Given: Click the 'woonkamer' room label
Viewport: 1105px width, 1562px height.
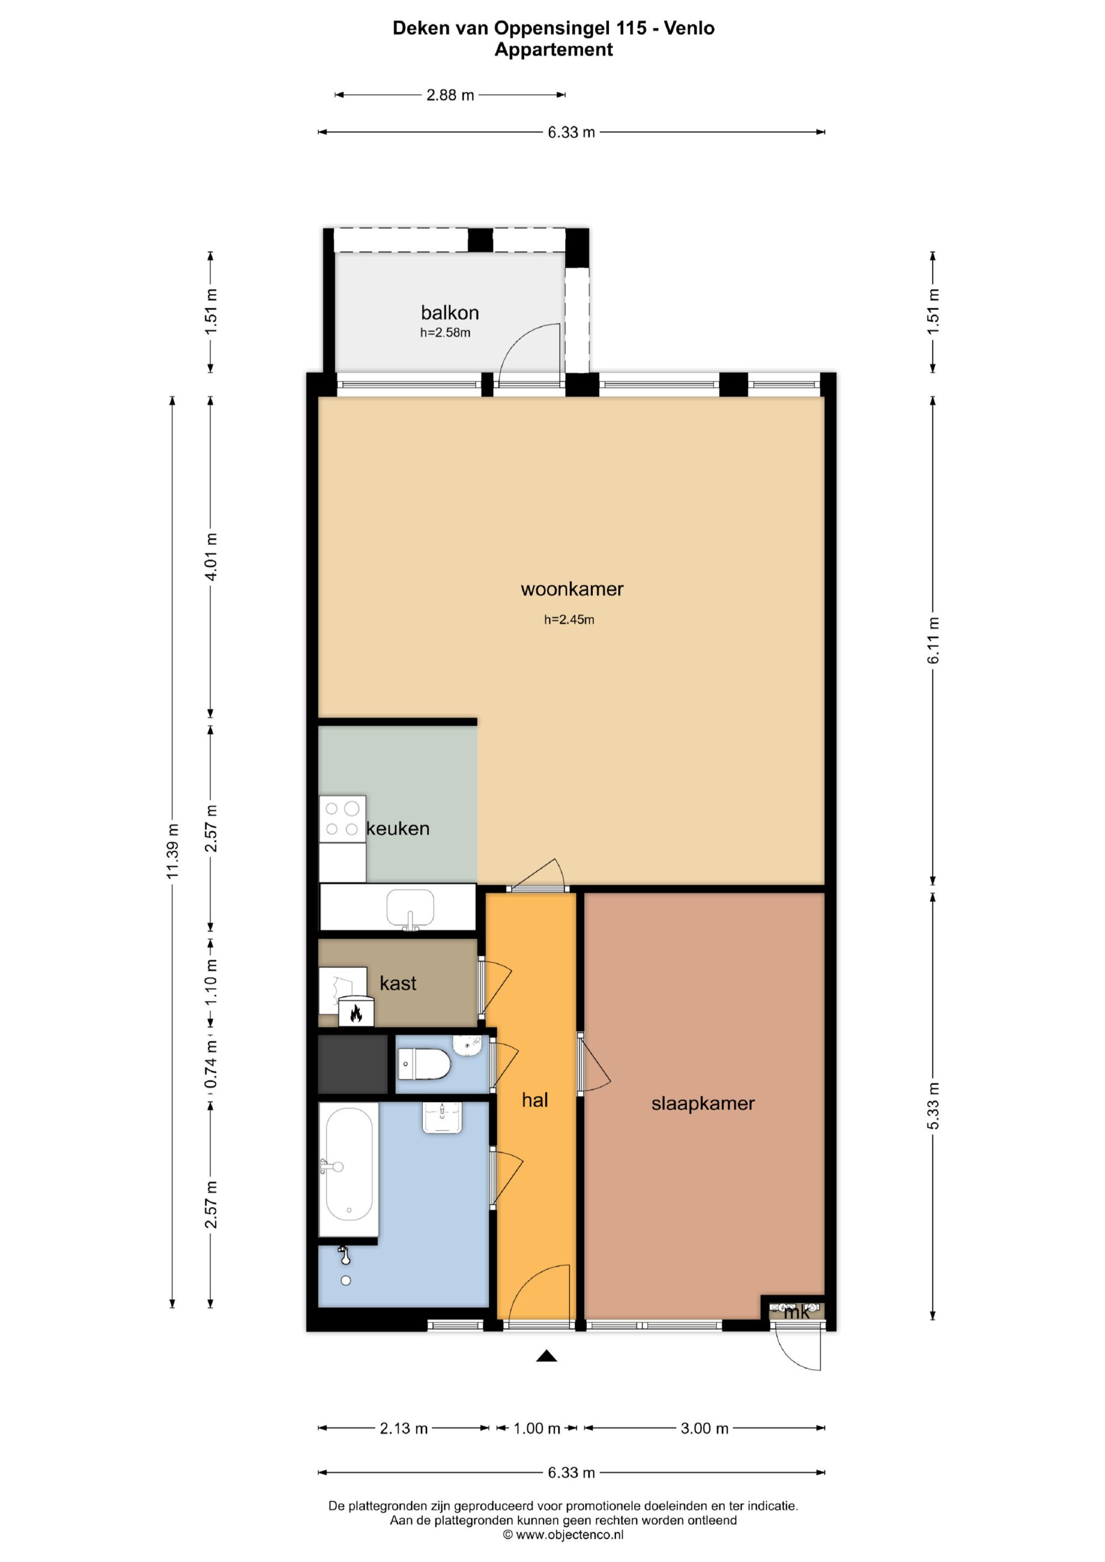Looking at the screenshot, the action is tap(571, 589).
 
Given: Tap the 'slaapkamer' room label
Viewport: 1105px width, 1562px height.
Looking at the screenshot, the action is tap(703, 1103).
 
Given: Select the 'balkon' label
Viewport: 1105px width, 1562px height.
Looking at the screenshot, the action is tap(450, 313).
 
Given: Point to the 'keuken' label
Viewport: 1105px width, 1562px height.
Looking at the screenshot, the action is tap(398, 829).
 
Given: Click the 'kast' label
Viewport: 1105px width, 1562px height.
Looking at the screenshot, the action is tap(398, 983).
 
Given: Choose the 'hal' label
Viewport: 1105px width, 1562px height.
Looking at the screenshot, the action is tap(535, 1100).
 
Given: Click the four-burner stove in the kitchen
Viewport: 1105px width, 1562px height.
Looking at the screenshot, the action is tap(342, 819).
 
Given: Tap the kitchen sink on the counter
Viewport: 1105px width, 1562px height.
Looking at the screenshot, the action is tap(411, 909).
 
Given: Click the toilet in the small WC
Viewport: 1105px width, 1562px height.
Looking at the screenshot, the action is tap(424, 1064).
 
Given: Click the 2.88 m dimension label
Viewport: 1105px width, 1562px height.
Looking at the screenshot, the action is tap(450, 95).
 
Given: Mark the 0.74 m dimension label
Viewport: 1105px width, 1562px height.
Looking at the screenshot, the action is tap(212, 1064).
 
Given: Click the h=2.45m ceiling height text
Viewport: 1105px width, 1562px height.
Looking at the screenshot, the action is tap(570, 620).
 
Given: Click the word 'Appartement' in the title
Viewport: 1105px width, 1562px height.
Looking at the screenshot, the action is tap(553, 50).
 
